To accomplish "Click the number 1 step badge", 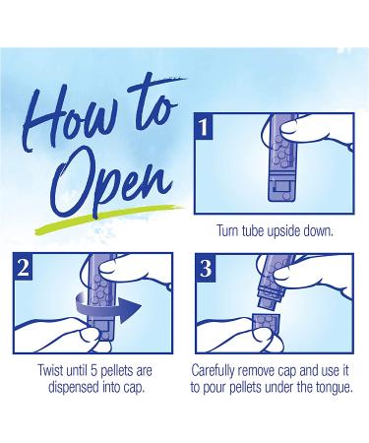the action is (x=204, y=126).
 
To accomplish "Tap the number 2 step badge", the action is (x=23, y=267).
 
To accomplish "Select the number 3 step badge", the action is (x=206, y=268).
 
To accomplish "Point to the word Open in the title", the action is (x=110, y=182).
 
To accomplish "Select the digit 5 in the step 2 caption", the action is (x=93, y=371).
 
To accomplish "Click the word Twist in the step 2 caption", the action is (x=50, y=371).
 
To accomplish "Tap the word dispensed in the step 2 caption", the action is (x=74, y=388).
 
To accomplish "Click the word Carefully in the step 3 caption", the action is (x=213, y=371).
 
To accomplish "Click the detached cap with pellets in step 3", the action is (x=266, y=325).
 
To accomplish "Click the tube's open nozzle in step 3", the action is (x=269, y=302).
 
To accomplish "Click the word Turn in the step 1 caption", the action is (x=226, y=231).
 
